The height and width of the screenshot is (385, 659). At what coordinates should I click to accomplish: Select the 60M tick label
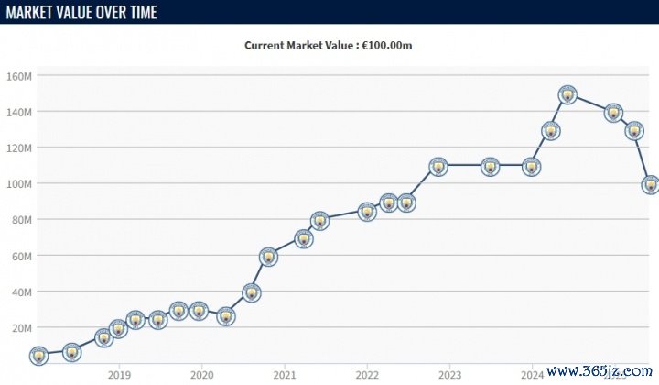coord(21,256)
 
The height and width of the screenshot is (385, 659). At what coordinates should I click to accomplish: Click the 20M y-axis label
coord(21,327)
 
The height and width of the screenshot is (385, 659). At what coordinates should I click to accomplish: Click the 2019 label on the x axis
coord(118,374)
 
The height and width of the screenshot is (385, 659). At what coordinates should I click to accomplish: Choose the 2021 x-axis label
coord(285,374)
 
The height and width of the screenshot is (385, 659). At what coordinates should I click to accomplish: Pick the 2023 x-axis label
coord(449,374)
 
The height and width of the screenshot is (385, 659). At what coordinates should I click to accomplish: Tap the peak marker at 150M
coord(567,94)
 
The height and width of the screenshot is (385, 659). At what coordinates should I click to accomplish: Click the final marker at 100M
coord(651,184)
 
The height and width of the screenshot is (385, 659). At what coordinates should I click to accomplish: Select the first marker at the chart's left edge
coord(38,356)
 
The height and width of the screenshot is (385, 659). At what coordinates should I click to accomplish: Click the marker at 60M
coord(267,257)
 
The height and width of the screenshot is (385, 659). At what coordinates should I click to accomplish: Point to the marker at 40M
coord(251,293)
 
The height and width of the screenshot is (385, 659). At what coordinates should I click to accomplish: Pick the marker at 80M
coord(319,221)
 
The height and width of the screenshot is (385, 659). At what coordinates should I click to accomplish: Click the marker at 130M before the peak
coord(550,131)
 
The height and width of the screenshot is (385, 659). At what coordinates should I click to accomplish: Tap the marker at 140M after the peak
coord(613,113)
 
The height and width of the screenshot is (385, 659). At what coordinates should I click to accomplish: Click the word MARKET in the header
coord(28,12)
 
